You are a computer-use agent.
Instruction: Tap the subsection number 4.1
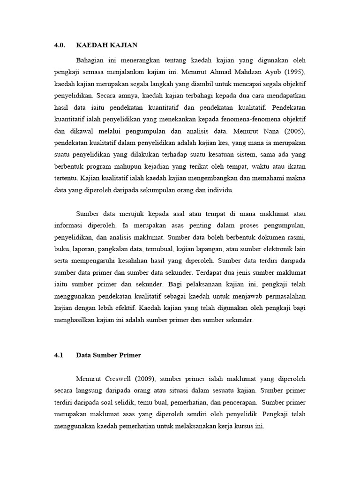(x=59, y=355)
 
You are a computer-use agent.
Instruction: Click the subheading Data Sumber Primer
(x=108, y=355)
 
